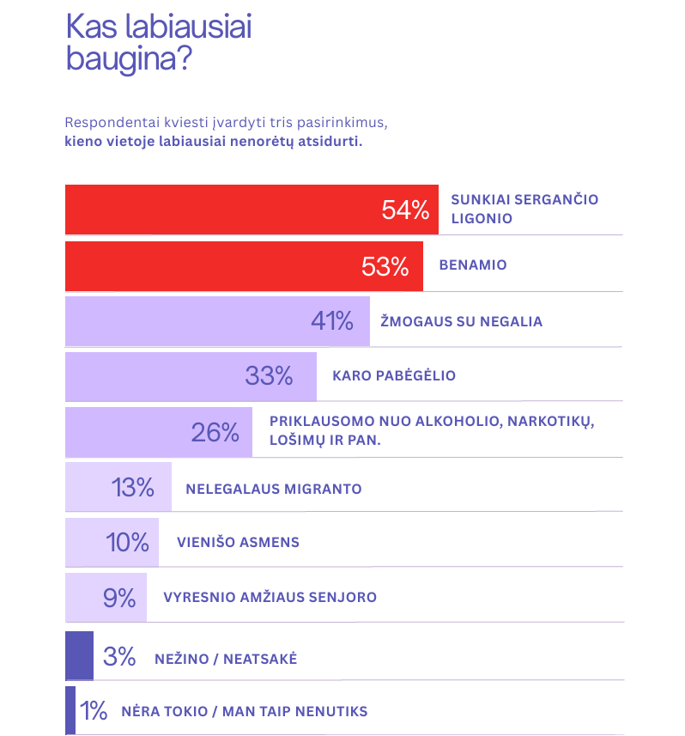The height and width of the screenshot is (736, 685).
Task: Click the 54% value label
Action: (x=405, y=210)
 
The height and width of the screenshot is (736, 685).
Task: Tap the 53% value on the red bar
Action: (x=385, y=266)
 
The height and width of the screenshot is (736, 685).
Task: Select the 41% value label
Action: (x=332, y=321)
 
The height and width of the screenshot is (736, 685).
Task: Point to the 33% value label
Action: (x=269, y=375)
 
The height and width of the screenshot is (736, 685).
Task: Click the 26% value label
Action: (x=215, y=432)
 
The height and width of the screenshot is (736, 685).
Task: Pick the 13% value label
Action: (x=133, y=488)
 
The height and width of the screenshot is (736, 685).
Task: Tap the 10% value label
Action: (x=128, y=543)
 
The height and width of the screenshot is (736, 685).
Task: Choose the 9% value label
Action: (x=119, y=598)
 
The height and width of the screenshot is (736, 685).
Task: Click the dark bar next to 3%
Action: (x=79, y=656)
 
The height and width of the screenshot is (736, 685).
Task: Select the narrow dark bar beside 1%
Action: (x=70, y=710)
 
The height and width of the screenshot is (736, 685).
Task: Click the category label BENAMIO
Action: (x=472, y=265)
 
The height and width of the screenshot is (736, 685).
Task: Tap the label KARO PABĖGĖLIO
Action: (x=393, y=376)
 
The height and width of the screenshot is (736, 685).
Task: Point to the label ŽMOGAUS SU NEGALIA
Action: (x=461, y=321)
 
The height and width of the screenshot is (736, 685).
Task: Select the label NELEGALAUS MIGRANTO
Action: (x=273, y=489)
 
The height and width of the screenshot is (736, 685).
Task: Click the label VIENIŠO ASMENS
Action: (x=238, y=543)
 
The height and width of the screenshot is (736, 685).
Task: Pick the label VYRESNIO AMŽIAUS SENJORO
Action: (x=270, y=597)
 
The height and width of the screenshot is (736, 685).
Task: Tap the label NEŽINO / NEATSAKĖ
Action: (x=226, y=659)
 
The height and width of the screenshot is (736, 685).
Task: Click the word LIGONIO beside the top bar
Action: (x=482, y=218)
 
